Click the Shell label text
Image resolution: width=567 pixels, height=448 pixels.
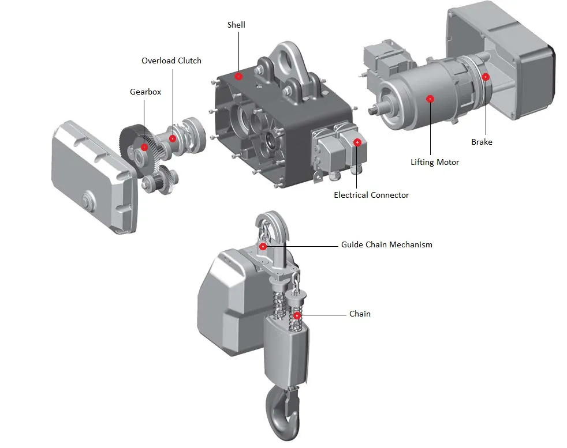(236, 24)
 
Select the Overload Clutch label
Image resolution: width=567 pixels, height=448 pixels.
(171, 61)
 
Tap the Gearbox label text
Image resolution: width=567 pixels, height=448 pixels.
(146, 92)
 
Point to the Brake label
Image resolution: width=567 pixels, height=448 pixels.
(482, 142)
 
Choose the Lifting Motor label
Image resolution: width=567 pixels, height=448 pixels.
(435, 162)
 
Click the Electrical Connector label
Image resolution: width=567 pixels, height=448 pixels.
(371, 195)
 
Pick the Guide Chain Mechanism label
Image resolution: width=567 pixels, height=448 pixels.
(386, 244)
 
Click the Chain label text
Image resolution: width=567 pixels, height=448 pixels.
(360, 314)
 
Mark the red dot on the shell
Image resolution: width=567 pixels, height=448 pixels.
(238, 76)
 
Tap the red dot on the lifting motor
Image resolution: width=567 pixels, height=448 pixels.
(430, 99)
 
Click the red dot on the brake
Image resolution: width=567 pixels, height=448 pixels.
(486, 77)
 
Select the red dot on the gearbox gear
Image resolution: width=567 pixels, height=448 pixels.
(144, 147)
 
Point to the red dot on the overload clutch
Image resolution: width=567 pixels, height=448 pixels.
(173, 138)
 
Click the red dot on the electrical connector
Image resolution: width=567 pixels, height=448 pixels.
(357, 142)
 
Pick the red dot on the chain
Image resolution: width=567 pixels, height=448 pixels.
(297, 315)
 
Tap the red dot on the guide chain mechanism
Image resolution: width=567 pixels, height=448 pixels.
(263, 247)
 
